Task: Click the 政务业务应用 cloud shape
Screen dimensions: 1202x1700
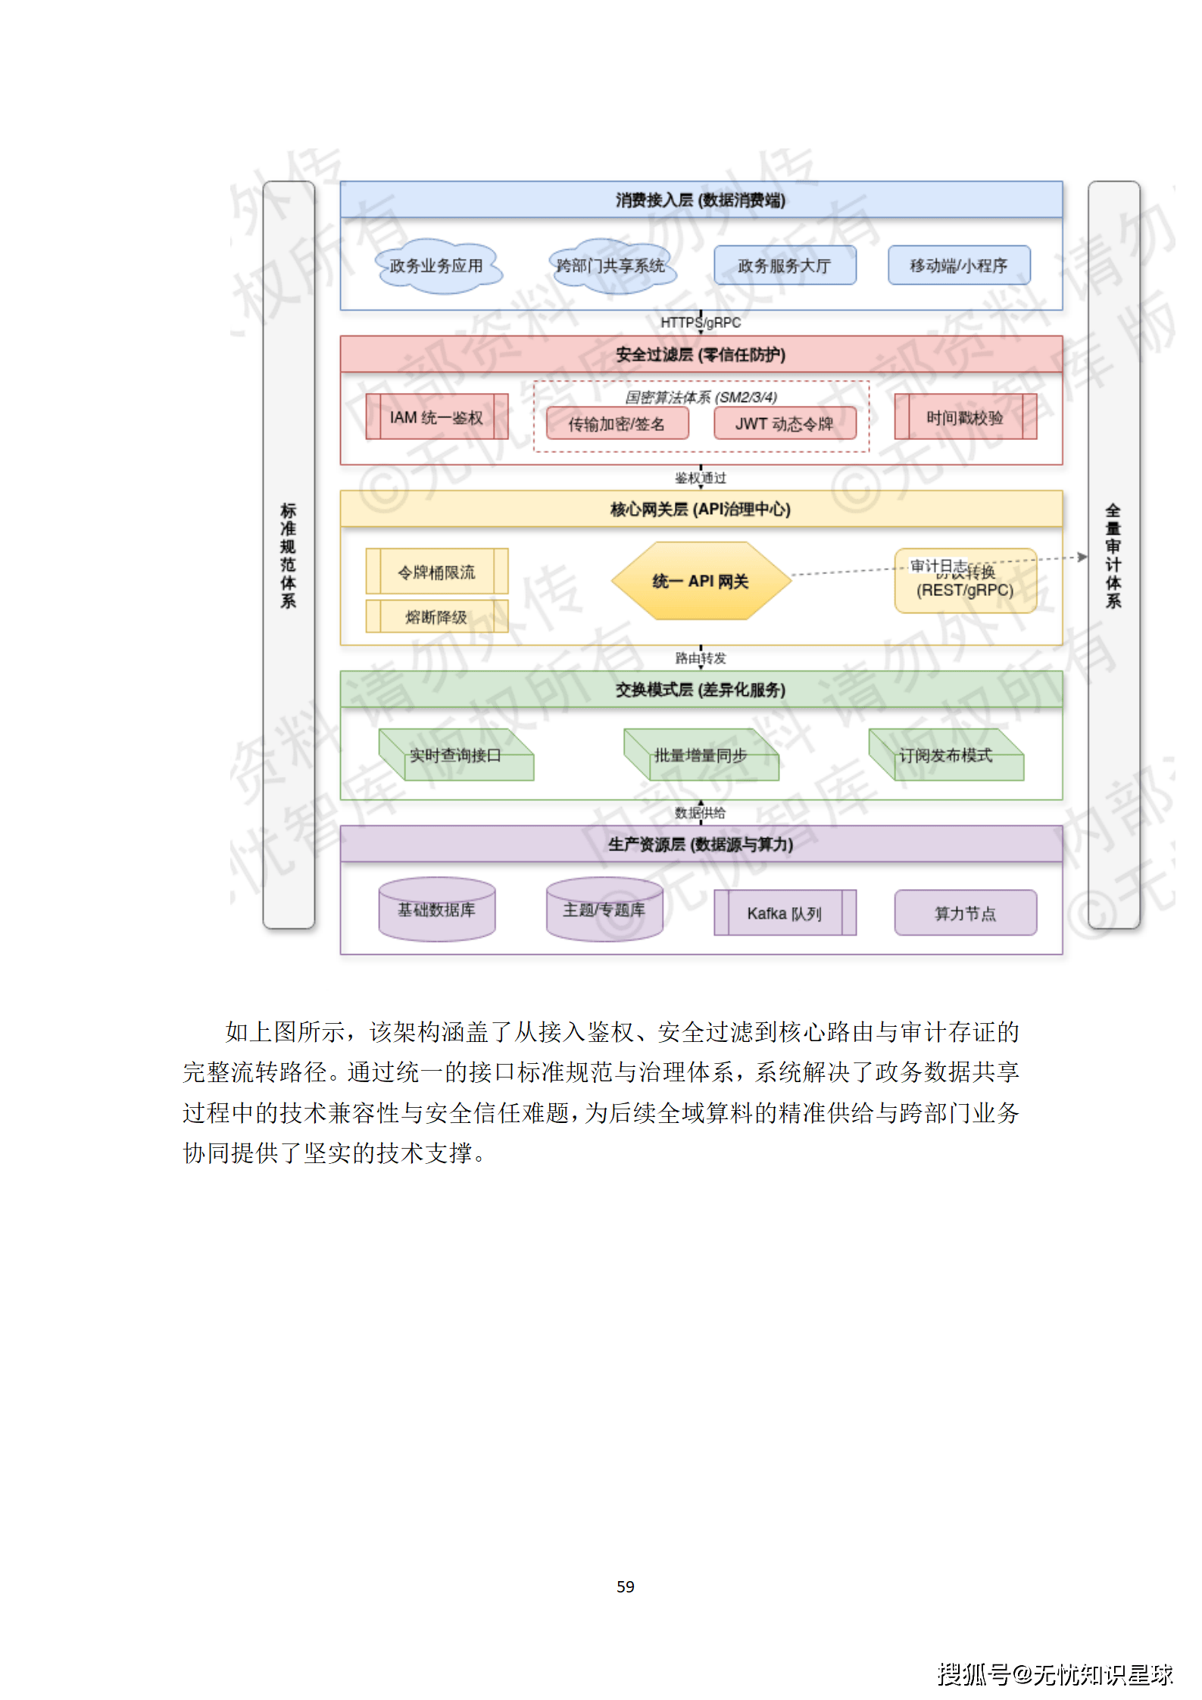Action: coord(437,266)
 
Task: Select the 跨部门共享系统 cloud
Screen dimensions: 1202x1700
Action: coord(610,266)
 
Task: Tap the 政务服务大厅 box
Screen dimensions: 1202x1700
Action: coord(784,266)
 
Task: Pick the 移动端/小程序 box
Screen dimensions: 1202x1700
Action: coord(958,266)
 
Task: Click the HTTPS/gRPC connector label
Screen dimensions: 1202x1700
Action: coord(701,323)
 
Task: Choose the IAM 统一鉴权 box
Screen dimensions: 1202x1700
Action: coord(436,417)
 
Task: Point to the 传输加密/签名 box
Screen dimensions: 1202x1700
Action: coord(617,423)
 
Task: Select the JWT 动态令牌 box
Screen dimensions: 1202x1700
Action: coord(784,423)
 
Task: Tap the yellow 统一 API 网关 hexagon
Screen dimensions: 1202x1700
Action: coord(701,581)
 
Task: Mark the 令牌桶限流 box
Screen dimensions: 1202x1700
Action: coord(436,572)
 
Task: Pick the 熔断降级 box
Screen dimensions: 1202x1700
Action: coord(436,616)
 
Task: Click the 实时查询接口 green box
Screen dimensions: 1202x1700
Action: coord(456,756)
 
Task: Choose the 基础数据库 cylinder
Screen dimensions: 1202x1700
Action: coord(436,909)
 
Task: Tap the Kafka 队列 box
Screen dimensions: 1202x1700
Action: coord(784,913)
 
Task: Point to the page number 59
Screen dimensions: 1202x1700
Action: coord(625,1586)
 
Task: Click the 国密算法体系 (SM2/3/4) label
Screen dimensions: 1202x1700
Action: coord(701,397)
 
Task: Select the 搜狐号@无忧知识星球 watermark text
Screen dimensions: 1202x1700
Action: coord(1054,1673)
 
